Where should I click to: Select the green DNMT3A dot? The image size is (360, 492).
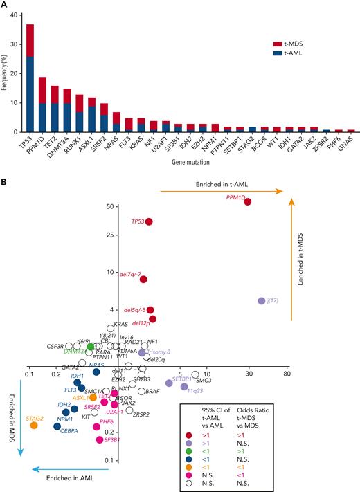tap(91, 346)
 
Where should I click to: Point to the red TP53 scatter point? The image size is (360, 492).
tap(149, 221)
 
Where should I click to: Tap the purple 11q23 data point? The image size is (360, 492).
tap(184, 387)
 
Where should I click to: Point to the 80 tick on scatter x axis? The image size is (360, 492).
tap(287, 374)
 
